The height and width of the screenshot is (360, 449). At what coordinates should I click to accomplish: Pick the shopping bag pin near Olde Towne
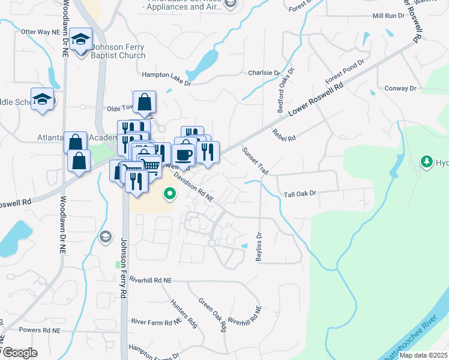tap(145, 103)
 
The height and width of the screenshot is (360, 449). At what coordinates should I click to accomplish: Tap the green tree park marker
tap(427, 161)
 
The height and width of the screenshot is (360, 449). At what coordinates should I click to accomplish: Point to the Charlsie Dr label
tap(264, 73)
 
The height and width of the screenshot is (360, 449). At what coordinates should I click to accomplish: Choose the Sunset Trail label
tap(255, 161)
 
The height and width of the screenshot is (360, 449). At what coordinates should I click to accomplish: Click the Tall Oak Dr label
tap(300, 194)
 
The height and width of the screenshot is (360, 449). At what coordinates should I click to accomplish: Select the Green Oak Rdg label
tap(212, 315)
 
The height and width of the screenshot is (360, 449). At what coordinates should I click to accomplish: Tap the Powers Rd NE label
tap(40, 330)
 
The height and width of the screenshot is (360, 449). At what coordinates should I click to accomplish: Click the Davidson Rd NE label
tap(194, 187)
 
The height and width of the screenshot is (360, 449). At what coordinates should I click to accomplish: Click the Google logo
tap(20, 353)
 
